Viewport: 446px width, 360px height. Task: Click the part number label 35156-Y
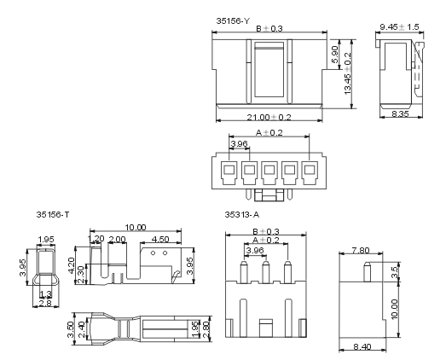click(233, 21)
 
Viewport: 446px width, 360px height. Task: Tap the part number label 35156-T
click(53, 214)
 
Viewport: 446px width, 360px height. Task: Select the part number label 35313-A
click(242, 214)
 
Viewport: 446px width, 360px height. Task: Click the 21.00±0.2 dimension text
click(269, 117)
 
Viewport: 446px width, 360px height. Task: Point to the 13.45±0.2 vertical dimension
click(348, 73)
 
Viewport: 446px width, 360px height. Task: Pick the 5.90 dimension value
click(335, 55)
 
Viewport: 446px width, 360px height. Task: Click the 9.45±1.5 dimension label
click(400, 27)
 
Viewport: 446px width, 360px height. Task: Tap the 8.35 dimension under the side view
click(400, 113)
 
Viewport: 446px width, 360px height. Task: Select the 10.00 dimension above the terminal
click(136, 228)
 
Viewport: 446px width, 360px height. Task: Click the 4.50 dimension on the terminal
click(160, 239)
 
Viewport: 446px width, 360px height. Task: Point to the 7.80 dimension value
click(361, 251)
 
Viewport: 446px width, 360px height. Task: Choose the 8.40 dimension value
click(362, 346)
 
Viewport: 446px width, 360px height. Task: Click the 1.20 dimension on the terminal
click(96, 239)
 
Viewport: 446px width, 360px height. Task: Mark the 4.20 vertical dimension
click(72, 265)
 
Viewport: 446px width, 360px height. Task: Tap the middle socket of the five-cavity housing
click(269, 173)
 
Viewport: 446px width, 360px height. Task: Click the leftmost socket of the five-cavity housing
click(229, 173)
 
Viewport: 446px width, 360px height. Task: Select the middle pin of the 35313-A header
click(266, 272)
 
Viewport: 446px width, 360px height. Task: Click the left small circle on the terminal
click(153, 253)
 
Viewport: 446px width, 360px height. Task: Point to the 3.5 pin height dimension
click(395, 272)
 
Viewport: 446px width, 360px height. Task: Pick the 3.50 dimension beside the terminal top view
click(71, 329)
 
